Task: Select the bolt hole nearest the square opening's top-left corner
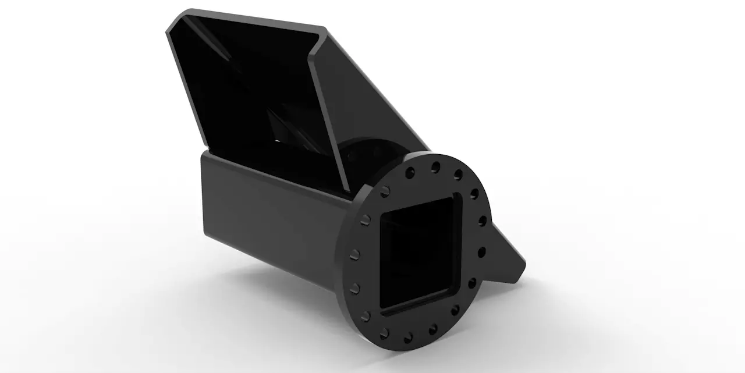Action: [386, 191]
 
